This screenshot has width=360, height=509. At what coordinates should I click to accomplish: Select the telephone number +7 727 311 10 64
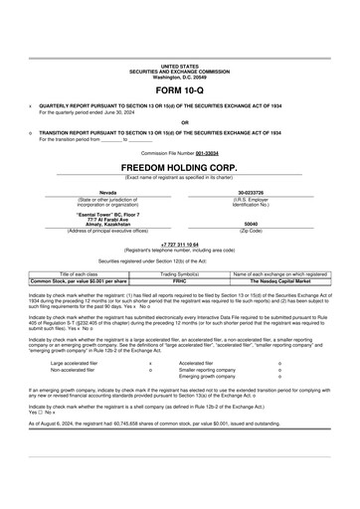pos(179,242)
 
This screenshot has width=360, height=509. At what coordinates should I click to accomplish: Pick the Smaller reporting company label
pos(213,370)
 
